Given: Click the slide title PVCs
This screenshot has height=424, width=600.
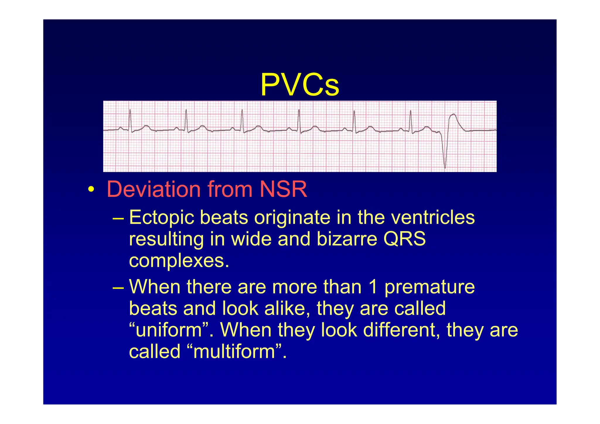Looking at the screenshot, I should coord(300,85).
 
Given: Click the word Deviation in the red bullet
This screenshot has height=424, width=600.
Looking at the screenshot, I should coord(154,189).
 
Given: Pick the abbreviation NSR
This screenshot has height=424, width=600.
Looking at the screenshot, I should coord(283,189).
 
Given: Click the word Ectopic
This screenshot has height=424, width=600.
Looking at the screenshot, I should coord(162,218).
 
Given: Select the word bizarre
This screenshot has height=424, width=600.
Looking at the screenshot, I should coord(347,239).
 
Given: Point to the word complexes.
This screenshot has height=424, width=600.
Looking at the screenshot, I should coord(179,261).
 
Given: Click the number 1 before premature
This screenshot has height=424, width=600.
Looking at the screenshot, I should coord(373,287).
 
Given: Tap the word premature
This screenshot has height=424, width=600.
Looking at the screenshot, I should coord(429,287).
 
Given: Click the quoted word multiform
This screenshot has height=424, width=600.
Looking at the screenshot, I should coord(234,352).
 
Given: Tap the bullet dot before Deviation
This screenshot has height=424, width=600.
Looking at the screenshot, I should coord(91,189).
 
